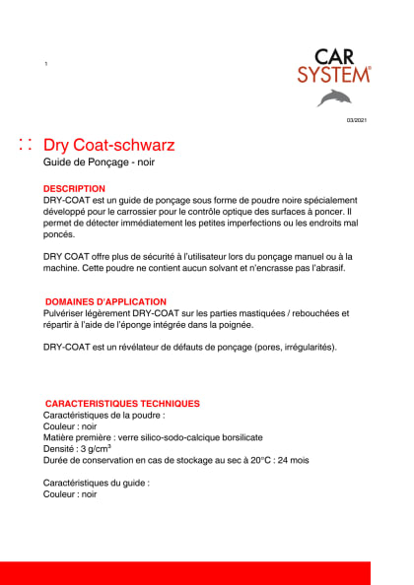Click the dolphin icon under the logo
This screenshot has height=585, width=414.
[333, 97]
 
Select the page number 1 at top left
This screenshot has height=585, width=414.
[45, 64]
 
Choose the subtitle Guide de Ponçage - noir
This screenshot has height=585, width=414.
[99, 162]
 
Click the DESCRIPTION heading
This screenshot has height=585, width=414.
[74, 188]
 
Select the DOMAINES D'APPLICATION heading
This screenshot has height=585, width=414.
[105, 301]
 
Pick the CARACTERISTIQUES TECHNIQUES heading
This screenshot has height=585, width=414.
[122, 404]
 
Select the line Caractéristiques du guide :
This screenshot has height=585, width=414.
[97, 484]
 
